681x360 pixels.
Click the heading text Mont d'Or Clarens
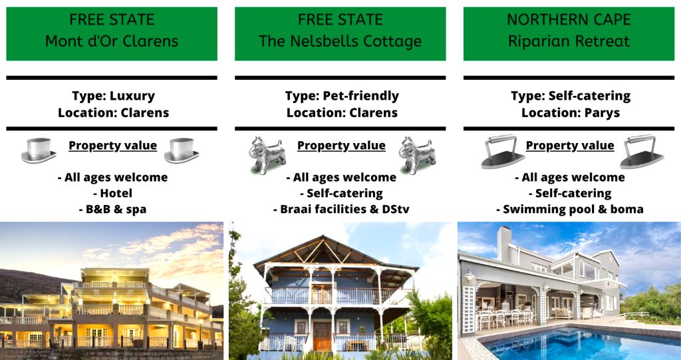[x=112, y=41]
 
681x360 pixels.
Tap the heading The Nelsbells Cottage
[x=340, y=41]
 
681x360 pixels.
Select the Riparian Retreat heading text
[x=569, y=41]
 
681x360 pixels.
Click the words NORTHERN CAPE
[x=569, y=19]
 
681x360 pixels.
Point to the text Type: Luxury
[x=113, y=96]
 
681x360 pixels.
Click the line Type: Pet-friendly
[x=342, y=96]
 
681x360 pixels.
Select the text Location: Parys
[x=570, y=112]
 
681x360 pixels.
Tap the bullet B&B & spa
[x=112, y=209]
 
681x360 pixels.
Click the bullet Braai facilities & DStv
[x=341, y=209]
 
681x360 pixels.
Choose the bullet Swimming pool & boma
[x=570, y=209]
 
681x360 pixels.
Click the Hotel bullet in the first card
[x=112, y=193]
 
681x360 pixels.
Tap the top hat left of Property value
[x=39, y=150]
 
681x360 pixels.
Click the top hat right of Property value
[x=182, y=150]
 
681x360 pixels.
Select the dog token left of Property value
[x=267, y=155]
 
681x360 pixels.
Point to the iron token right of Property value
[x=642, y=151]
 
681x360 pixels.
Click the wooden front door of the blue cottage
[x=322, y=336]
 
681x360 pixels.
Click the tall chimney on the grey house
[x=504, y=244]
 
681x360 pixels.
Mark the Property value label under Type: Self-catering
[x=570, y=146]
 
